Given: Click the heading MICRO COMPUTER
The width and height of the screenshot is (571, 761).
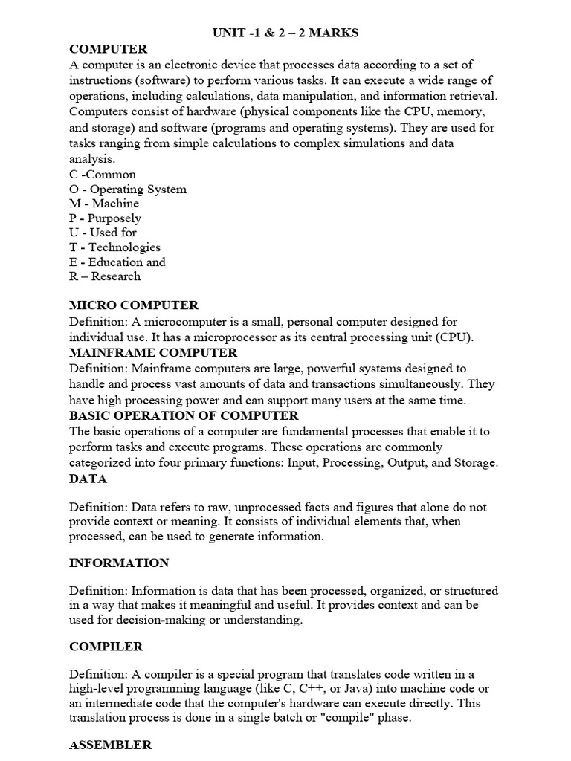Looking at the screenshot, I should (134, 305).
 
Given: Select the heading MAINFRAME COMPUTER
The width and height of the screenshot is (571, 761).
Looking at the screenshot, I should (153, 352).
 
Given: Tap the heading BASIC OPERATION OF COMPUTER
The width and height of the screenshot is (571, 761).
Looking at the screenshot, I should (184, 415).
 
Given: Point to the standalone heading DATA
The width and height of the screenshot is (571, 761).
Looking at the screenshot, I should (88, 479).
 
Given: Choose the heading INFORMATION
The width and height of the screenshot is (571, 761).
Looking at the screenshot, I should (119, 563).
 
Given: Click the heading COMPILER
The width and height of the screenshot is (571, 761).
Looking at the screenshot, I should (106, 647).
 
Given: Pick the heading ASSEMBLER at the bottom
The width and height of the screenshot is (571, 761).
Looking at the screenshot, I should (111, 744).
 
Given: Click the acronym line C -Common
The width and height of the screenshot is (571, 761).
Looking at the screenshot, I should (103, 175).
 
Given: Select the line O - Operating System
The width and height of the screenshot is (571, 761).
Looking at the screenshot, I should (128, 190).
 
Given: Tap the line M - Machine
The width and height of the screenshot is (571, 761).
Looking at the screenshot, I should (104, 204).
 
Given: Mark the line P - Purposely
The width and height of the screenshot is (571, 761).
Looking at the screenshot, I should (105, 218).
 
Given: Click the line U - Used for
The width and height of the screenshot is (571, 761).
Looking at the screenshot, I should (103, 233).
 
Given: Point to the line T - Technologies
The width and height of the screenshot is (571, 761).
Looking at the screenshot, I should (114, 247).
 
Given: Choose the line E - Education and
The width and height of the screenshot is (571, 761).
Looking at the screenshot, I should (117, 262).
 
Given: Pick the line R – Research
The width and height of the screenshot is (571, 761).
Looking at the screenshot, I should (105, 276).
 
